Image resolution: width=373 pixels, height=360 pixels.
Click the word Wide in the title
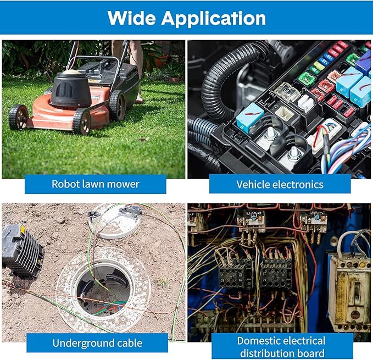pos(131,18)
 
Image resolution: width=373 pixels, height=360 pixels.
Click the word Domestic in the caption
pos(261,341)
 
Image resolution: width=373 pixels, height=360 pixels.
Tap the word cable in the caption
pos(131,343)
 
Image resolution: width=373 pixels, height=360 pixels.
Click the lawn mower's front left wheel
pos(19,117)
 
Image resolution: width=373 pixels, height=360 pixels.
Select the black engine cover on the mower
pos(71,90)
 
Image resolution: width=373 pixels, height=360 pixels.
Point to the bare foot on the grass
pos(139,101)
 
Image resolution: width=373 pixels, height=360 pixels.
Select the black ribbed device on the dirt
pos(23,252)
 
